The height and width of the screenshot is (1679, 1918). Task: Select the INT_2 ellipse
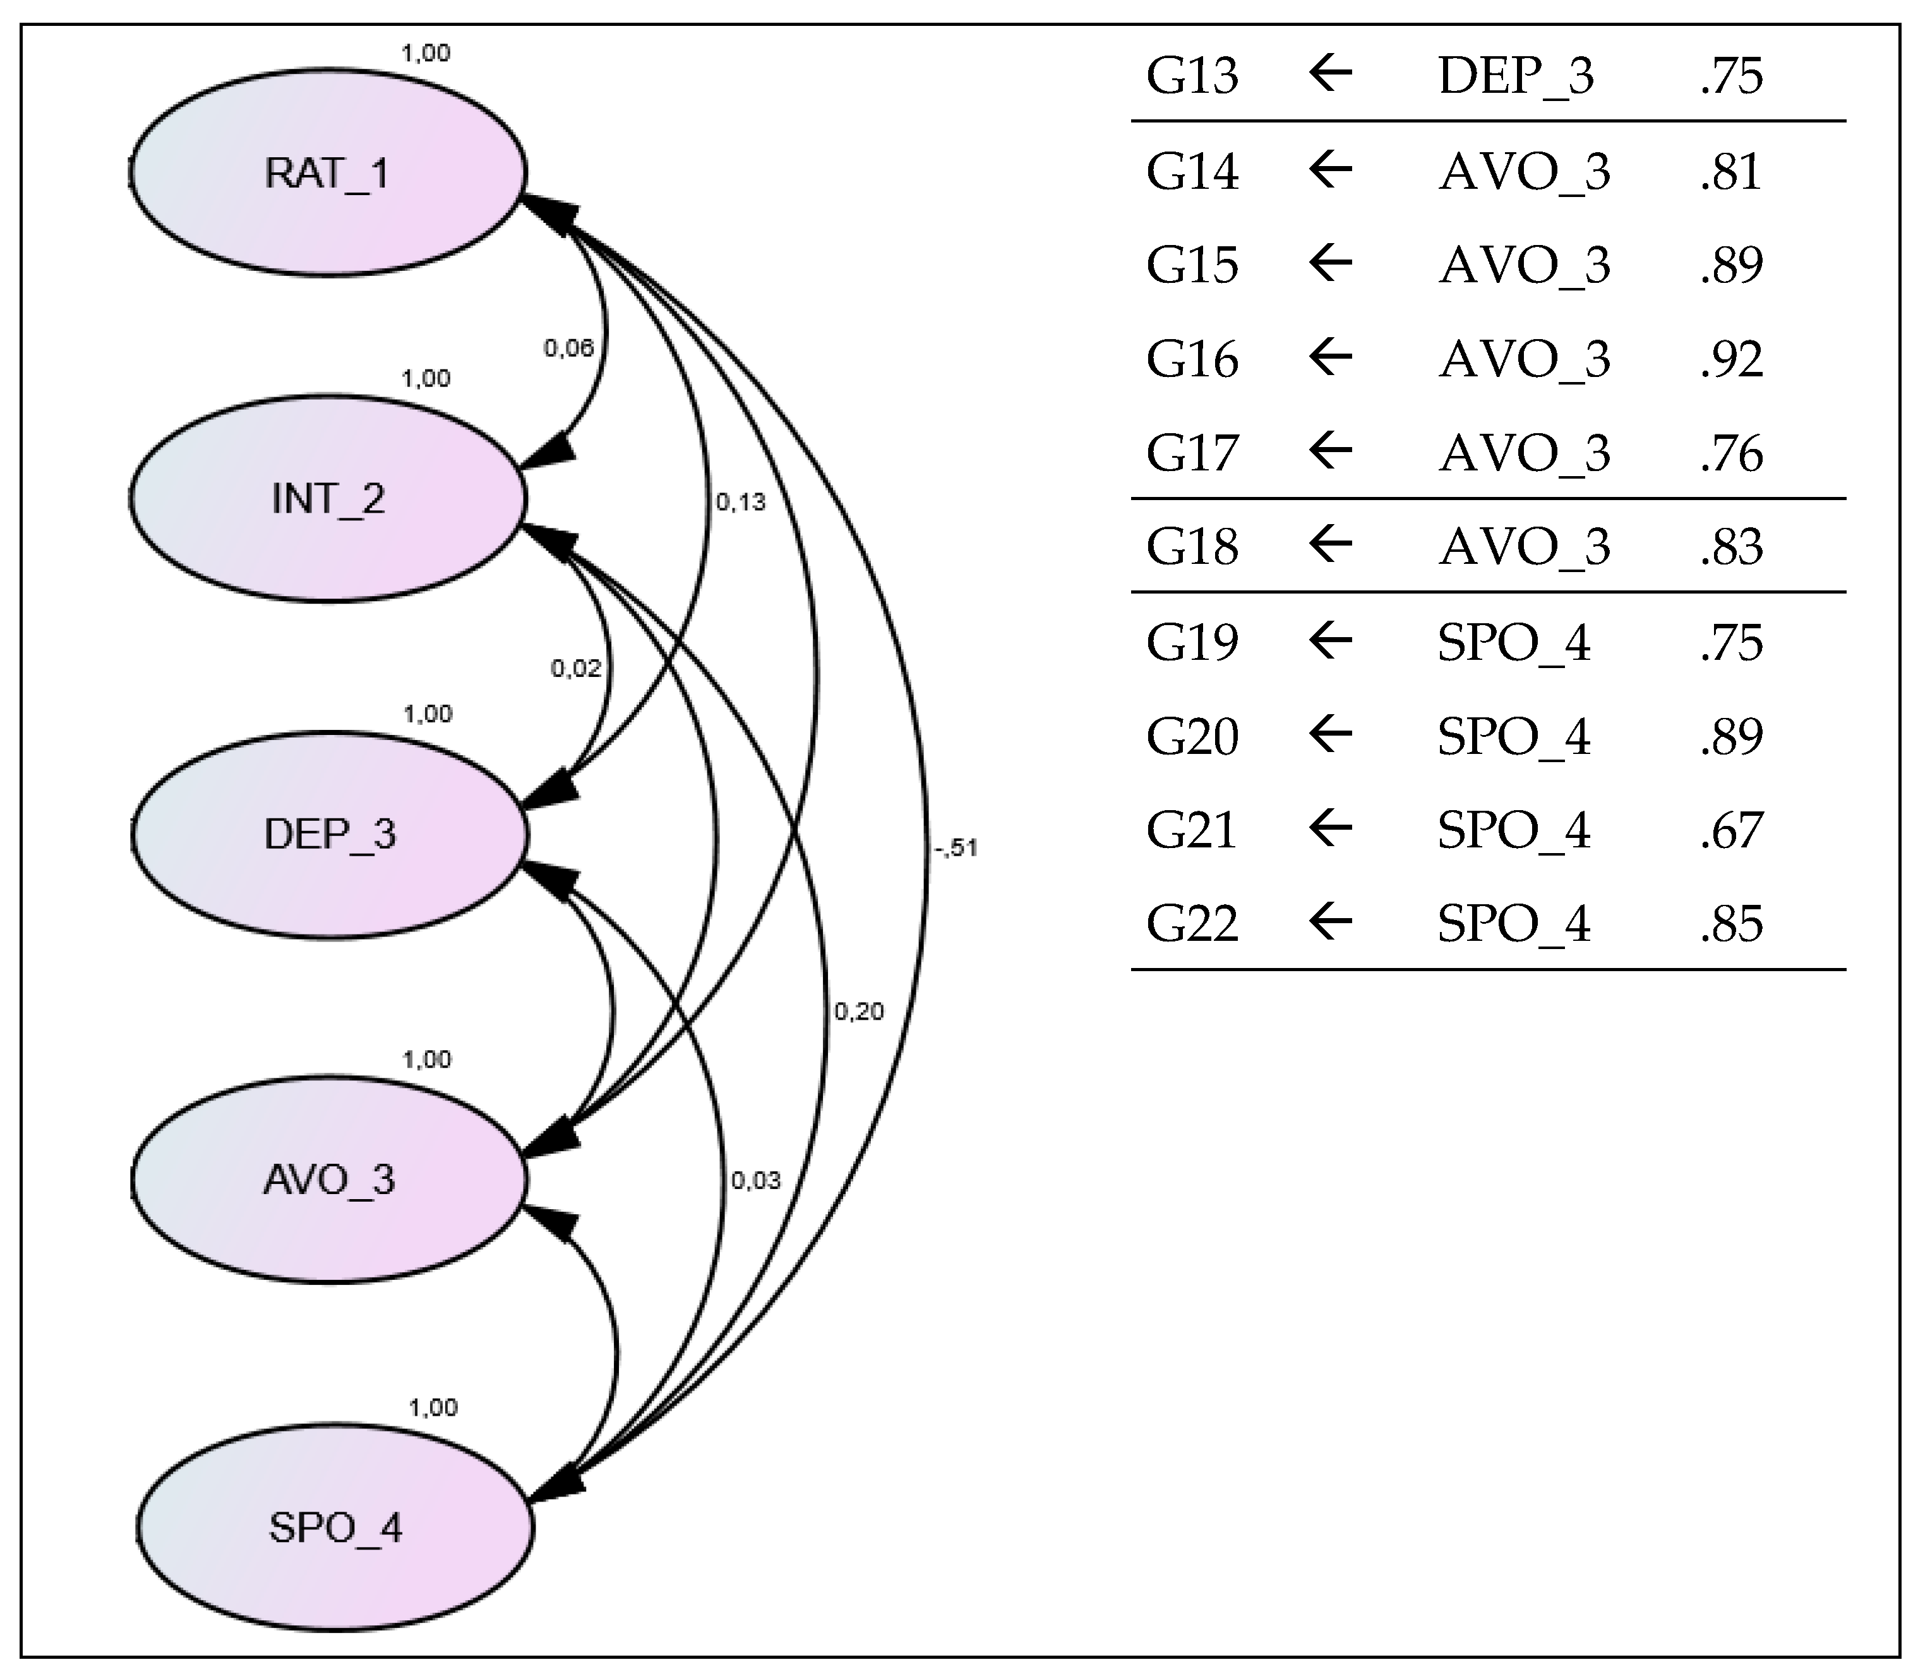[327, 498]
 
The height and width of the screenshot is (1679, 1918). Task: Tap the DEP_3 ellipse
[329, 834]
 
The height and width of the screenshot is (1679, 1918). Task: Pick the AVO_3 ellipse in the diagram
[329, 1180]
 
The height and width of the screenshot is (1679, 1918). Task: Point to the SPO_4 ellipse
[335, 1528]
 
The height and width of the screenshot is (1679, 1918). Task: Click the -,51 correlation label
[956, 848]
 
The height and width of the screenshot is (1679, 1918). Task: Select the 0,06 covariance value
[569, 349]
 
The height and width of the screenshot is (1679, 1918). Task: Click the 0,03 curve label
[755, 1181]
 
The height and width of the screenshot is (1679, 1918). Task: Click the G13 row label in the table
[1192, 76]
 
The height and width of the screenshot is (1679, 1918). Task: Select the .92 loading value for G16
[1732, 359]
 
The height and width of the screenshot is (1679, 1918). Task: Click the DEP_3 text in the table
[1515, 76]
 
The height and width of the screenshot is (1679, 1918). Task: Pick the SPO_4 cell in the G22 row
[1513, 924]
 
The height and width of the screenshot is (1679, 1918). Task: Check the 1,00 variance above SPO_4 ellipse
[433, 1407]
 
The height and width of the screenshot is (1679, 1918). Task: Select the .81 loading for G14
[1732, 172]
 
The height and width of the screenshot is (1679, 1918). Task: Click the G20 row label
[1192, 736]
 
